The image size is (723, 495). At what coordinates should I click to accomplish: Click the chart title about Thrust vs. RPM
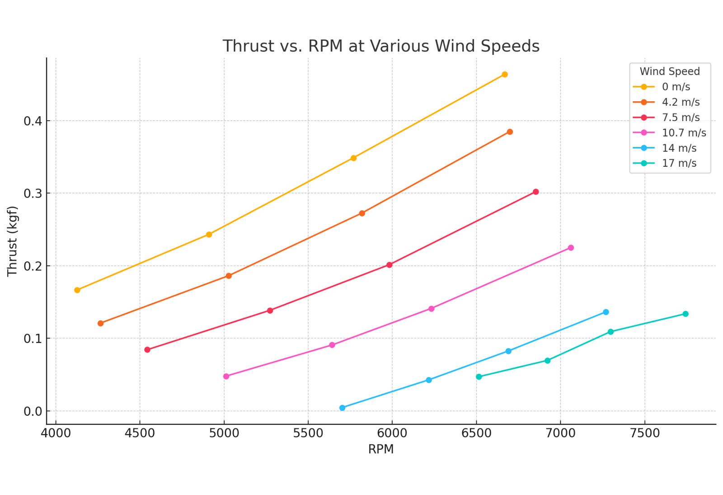381,46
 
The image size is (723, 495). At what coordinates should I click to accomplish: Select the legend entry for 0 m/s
676,87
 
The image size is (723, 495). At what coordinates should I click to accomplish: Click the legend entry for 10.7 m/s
684,133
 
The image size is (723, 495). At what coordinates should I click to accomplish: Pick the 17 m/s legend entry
679,163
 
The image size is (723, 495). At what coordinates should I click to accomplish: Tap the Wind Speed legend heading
669,71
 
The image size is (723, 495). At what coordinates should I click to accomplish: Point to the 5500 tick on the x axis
308,433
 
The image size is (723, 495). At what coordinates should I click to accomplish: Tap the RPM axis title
380,449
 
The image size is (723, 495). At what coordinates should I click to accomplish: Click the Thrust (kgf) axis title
12,241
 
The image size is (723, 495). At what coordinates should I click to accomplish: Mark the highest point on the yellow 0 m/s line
505,75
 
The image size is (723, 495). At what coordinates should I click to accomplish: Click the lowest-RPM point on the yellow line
77,290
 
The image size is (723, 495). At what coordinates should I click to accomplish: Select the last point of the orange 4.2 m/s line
510,132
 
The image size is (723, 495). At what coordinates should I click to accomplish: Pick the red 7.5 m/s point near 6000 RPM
390,265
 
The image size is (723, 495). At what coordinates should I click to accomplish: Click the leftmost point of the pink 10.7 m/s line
226,376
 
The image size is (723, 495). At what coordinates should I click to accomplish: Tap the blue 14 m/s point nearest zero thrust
342,408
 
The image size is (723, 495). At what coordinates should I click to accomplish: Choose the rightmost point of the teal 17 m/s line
685,314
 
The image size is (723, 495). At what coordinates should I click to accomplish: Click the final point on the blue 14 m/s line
606,312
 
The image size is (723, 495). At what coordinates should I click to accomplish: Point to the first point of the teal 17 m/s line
479,377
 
